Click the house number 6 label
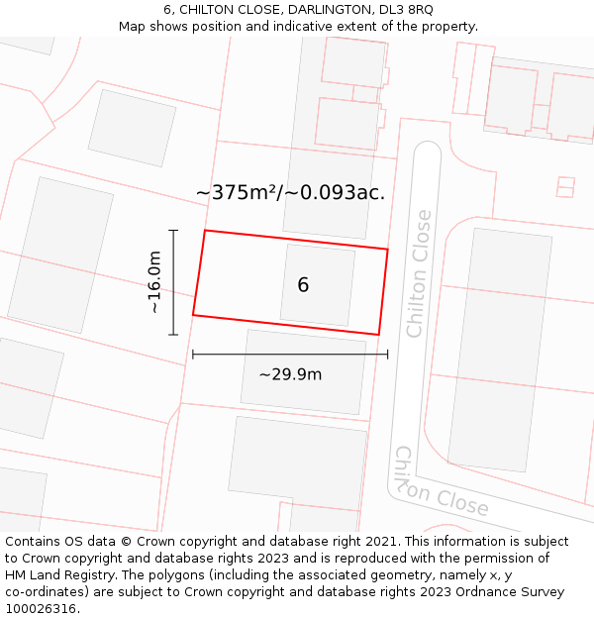point(303,285)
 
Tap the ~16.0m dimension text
point(154,283)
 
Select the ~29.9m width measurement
point(290,374)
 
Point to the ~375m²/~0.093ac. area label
point(290,192)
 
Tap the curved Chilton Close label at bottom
point(441,485)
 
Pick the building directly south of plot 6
point(303,371)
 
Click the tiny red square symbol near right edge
point(565,186)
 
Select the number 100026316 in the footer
point(41,608)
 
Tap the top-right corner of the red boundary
point(387,250)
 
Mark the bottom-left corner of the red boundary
point(193,315)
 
